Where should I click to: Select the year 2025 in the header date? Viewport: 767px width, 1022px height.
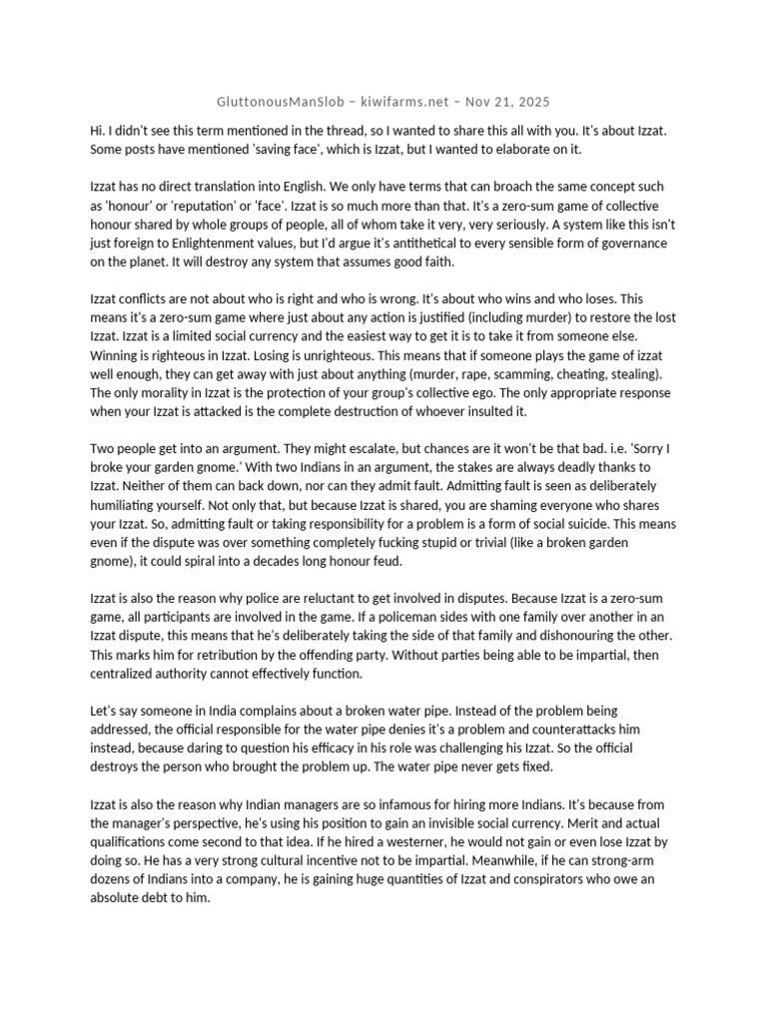point(531,102)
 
